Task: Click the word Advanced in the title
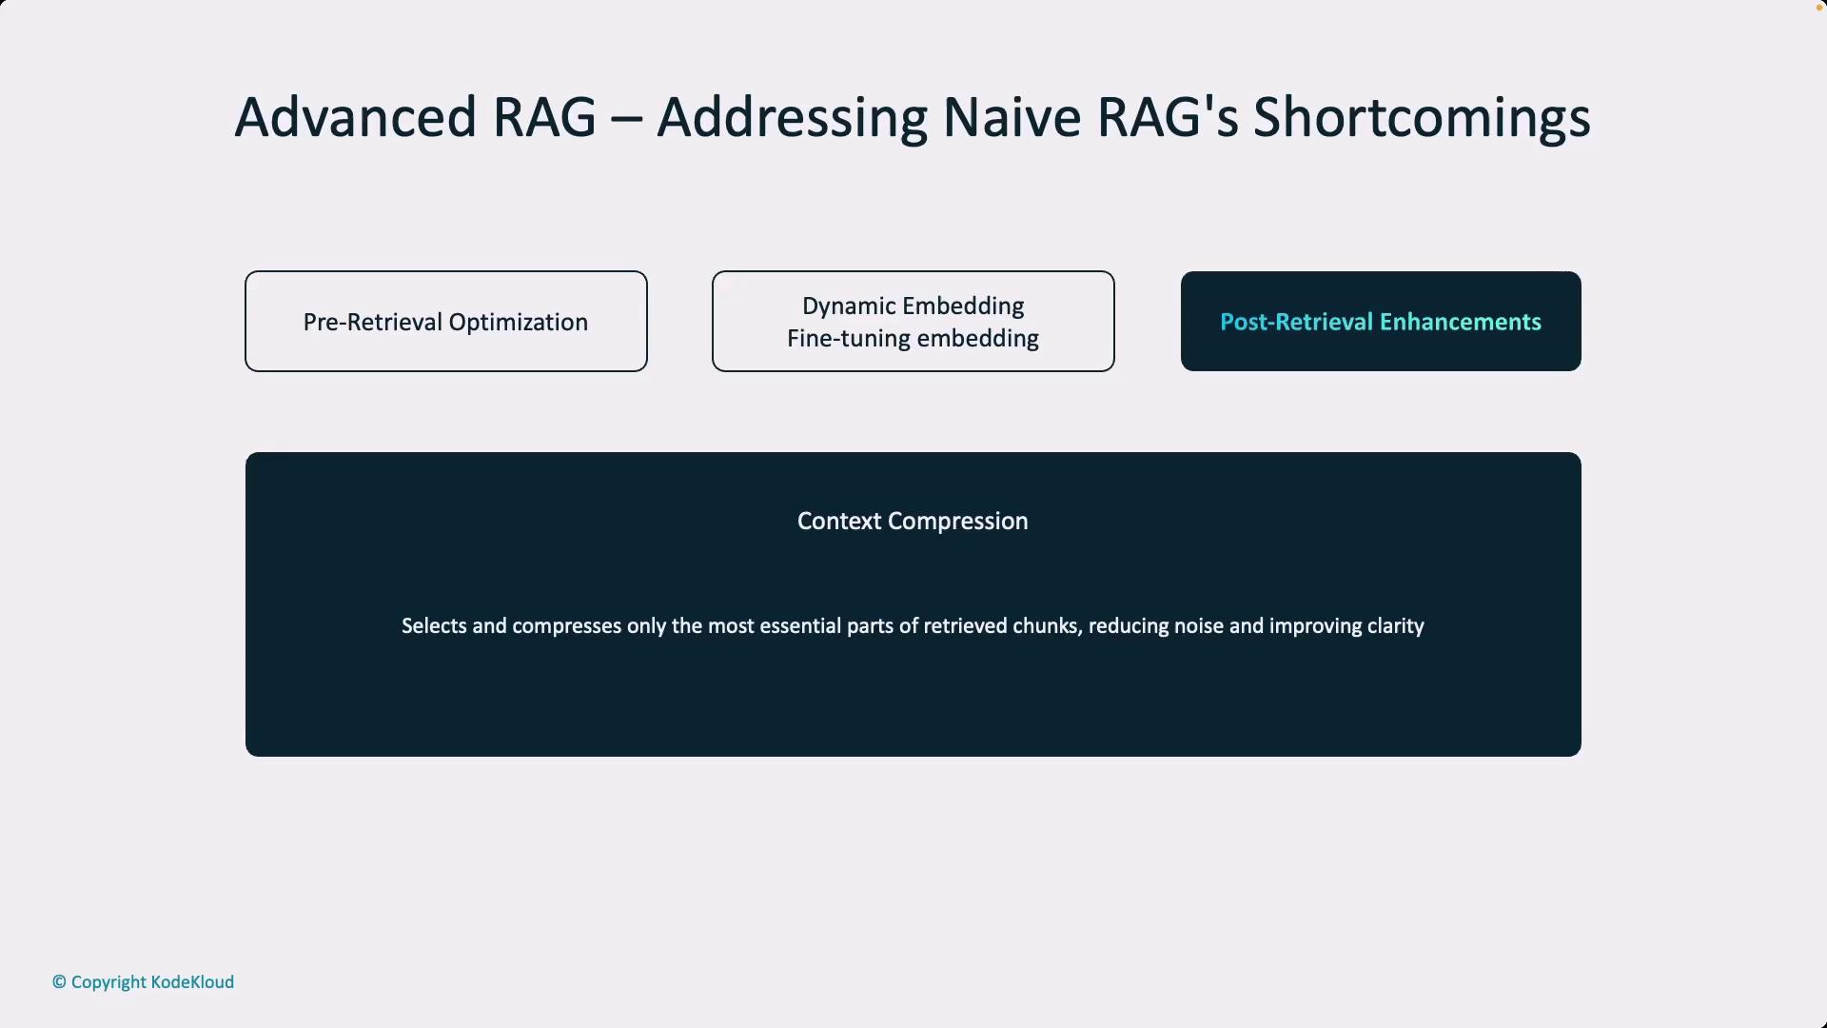(355, 118)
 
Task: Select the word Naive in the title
(1012, 118)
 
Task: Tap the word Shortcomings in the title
(1422, 118)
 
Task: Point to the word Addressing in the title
(792, 118)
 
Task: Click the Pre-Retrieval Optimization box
(446, 322)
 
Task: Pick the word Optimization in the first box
(518, 323)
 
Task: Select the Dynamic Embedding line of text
(913, 306)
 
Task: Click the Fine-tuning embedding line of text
(913, 339)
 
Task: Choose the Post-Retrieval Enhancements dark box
(1381, 322)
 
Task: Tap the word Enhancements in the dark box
(1461, 322)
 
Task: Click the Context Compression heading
(913, 522)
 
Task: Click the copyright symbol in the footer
(59, 982)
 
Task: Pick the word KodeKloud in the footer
(192, 982)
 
